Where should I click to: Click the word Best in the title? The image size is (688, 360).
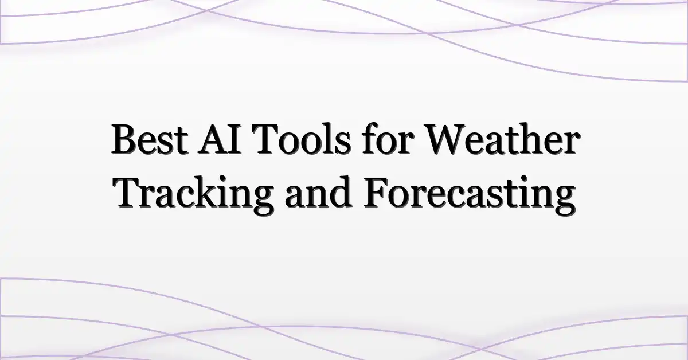tap(150, 139)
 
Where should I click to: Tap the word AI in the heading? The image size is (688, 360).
tap(219, 139)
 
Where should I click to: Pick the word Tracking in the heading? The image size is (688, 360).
tap(193, 194)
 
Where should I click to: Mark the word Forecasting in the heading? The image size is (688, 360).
tap(470, 195)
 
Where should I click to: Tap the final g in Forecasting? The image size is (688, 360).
tap(564, 201)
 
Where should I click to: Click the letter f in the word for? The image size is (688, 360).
tap(370, 138)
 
